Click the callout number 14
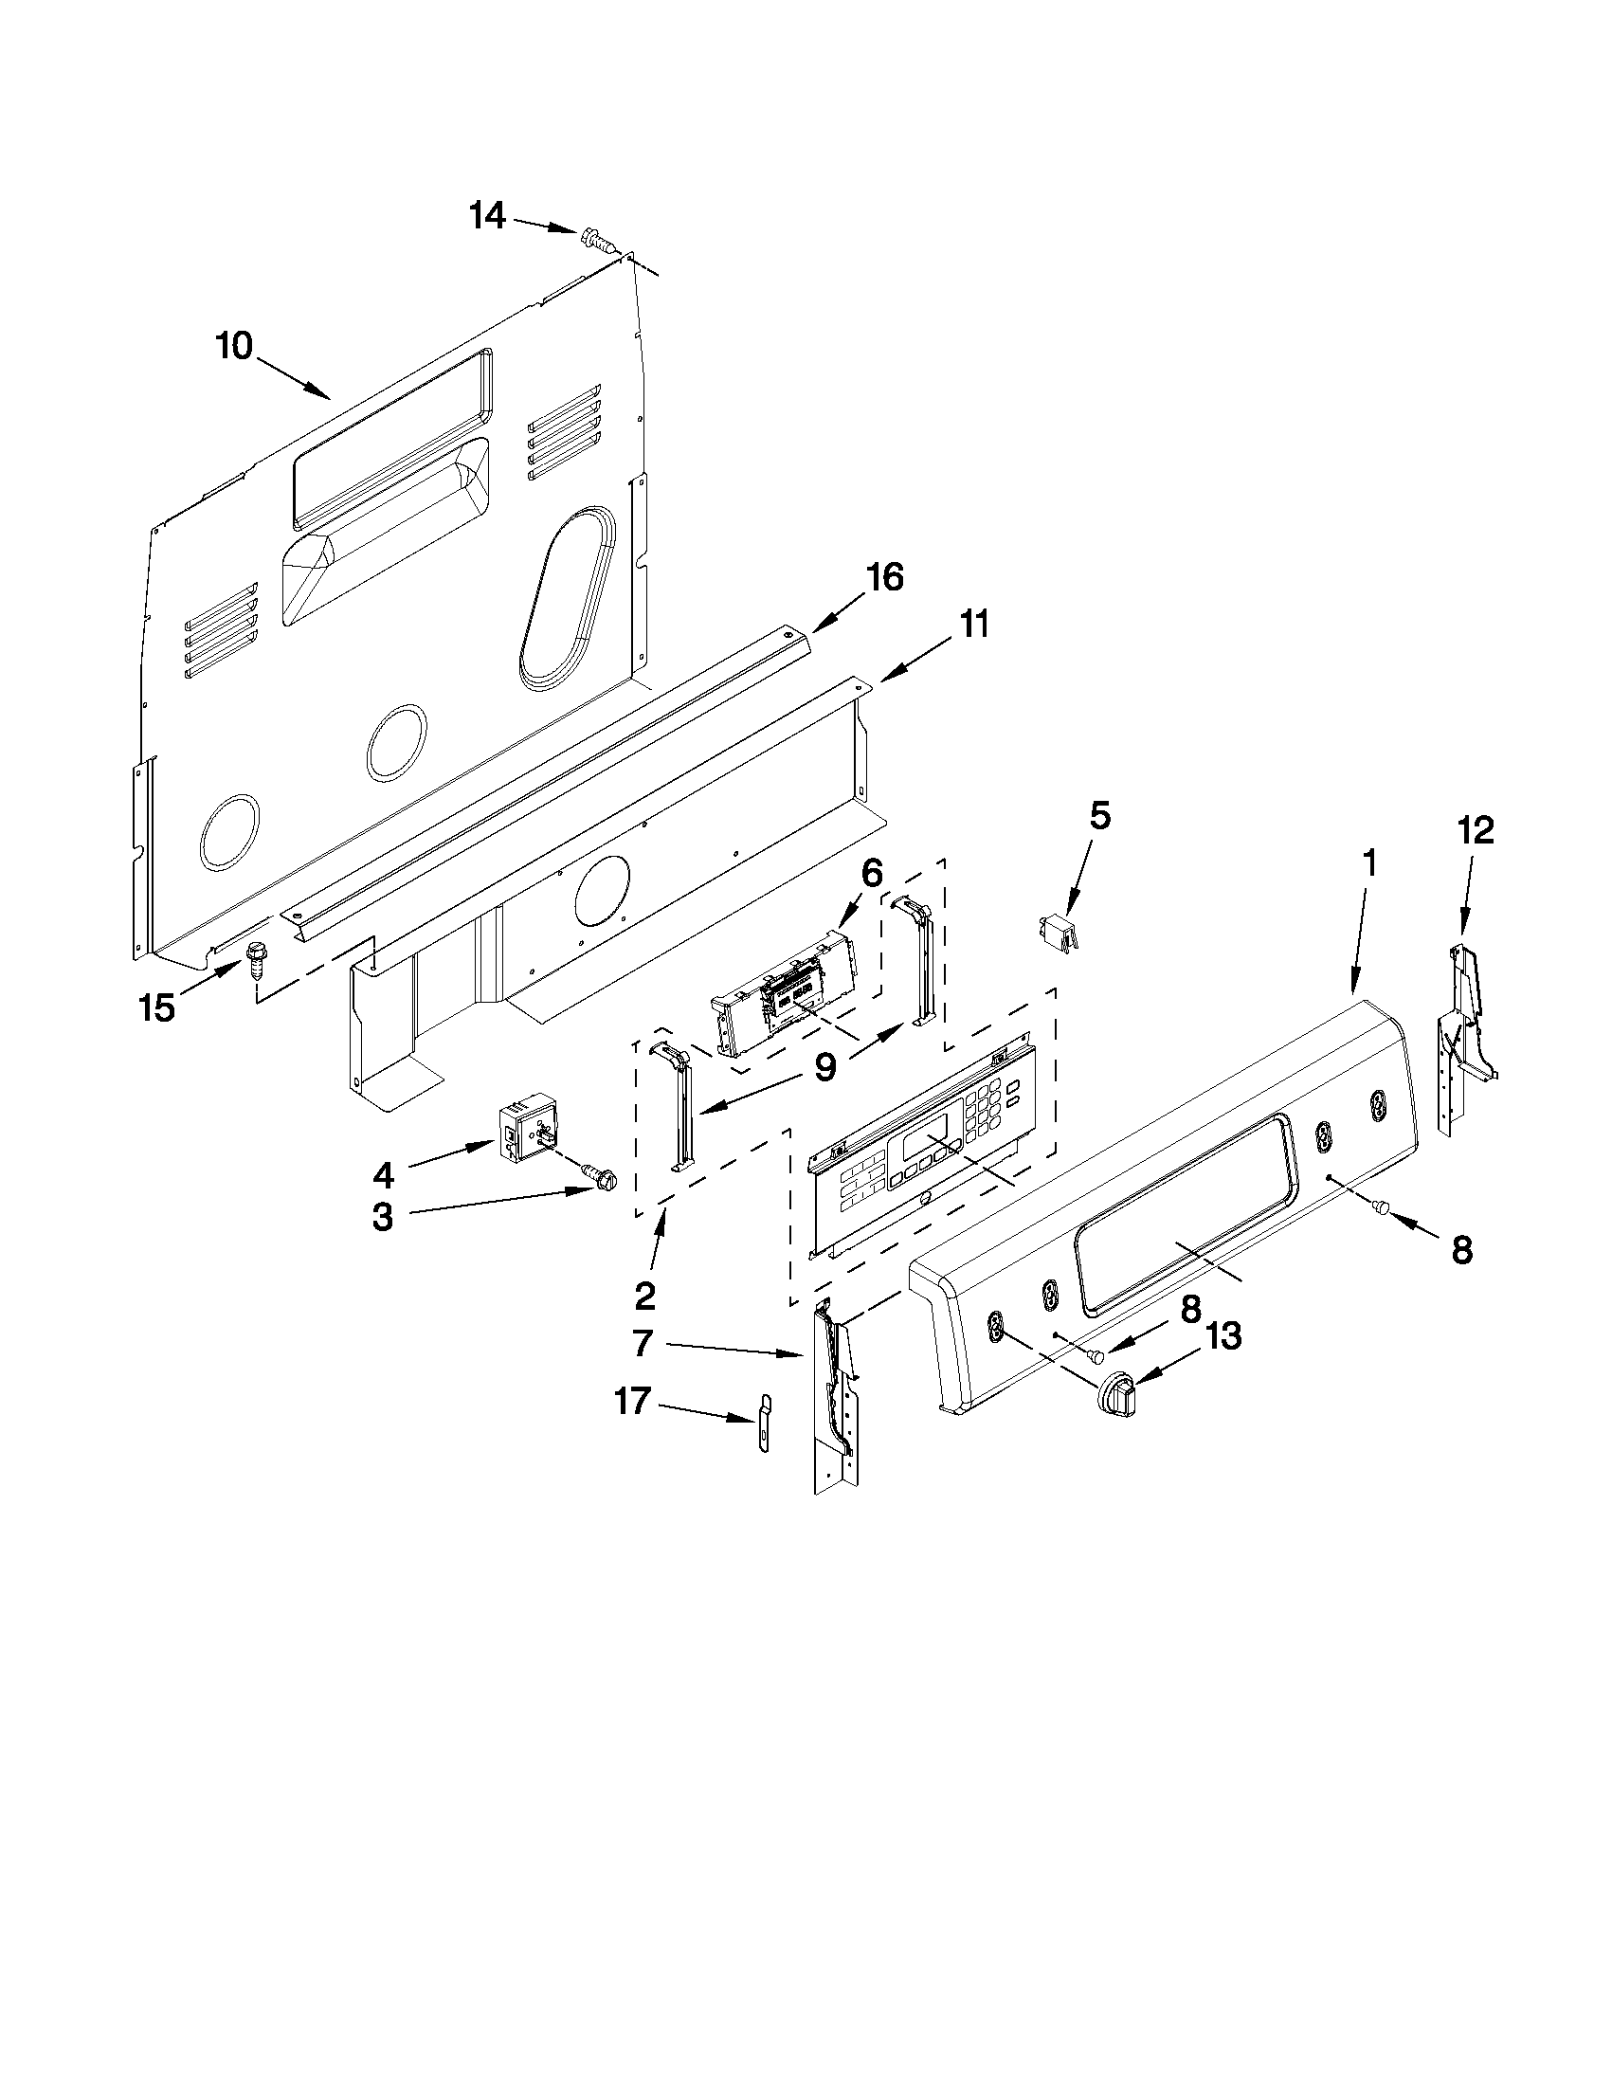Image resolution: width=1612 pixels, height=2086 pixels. pyautogui.click(x=487, y=216)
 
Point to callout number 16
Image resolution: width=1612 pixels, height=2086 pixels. pyautogui.click(x=885, y=578)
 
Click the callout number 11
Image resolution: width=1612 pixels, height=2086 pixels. pyautogui.click(x=974, y=625)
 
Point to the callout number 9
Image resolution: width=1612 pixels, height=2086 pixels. pyautogui.click(x=824, y=1067)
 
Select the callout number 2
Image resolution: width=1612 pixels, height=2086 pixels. pyautogui.click(x=644, y=1297)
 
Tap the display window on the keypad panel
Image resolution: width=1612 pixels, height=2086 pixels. pyautogui.click(x=925, y=1143)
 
